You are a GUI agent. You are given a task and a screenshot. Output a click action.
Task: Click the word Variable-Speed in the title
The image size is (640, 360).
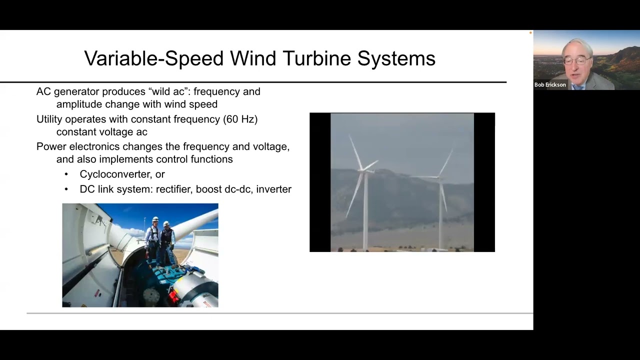[x=154, y=58]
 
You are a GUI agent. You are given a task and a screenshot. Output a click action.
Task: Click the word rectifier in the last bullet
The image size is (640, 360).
[x=173, y=189]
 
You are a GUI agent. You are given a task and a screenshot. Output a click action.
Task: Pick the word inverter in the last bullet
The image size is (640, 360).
[x=273, y=189]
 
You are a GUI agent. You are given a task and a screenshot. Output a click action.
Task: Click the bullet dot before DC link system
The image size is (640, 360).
[x=66, y=189]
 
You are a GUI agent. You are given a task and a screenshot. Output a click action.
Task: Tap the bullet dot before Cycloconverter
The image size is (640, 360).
[x=66, y=174]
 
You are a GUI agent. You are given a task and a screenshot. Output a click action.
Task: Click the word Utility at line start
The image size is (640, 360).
[x=49, y=119]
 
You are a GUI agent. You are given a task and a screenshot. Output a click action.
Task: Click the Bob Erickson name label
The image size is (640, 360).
[x=550, y=85]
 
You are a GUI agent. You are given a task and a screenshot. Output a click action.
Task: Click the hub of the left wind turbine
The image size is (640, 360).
[x=362, y=170]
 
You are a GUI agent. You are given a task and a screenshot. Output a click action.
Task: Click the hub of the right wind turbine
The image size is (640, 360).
[x=439, y=177]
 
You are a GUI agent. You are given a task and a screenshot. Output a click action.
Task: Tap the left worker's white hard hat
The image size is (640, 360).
[x=155, y=219]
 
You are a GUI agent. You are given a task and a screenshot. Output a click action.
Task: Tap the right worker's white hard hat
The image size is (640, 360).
[x=166, y=223]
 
